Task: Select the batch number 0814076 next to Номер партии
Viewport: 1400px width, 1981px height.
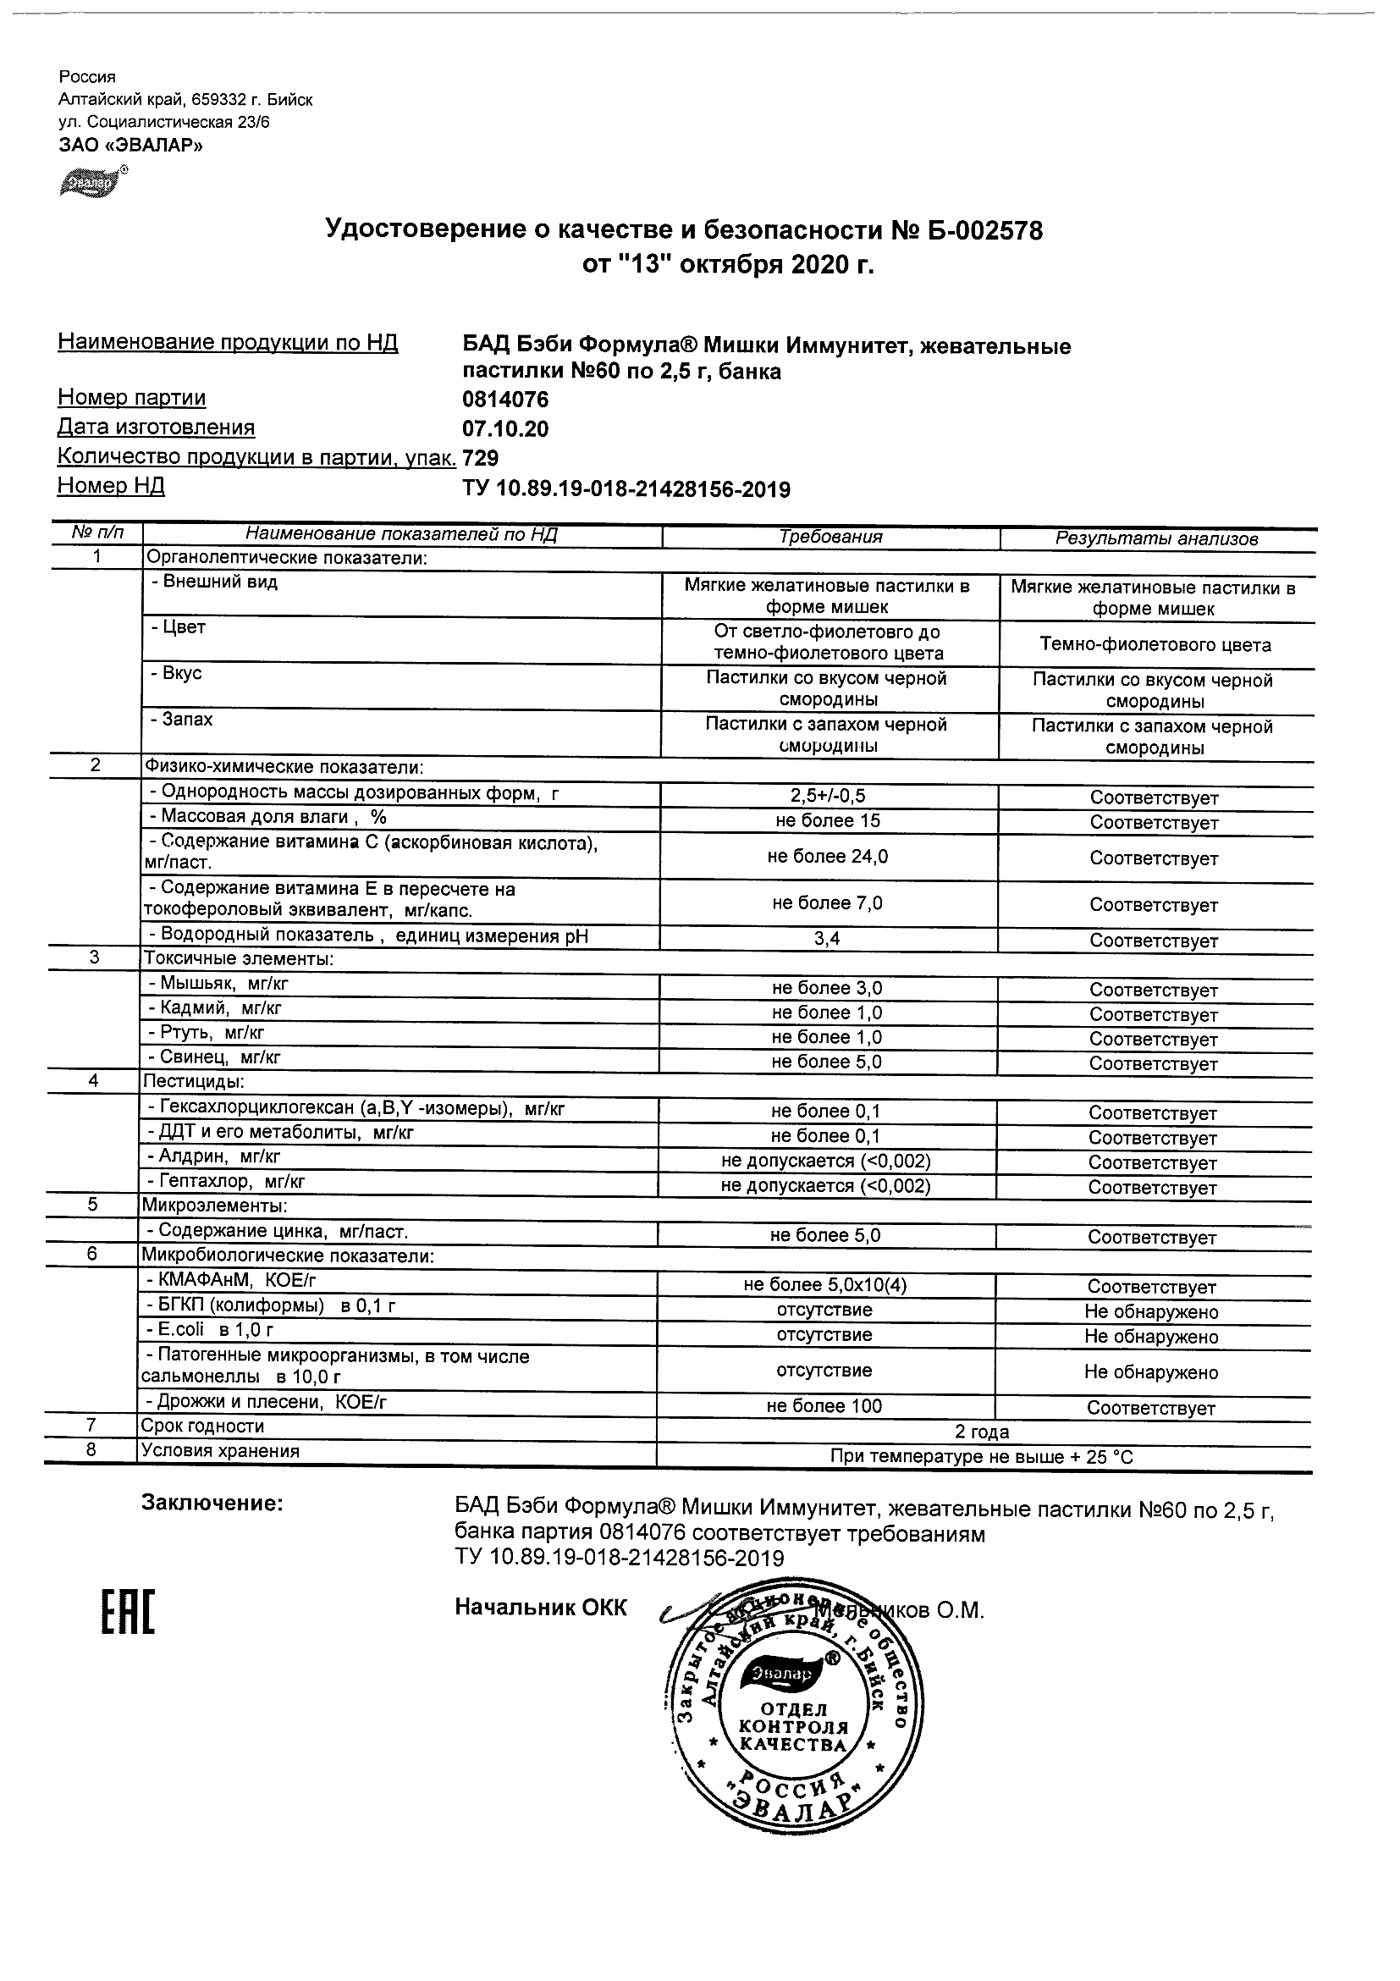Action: (x=505, y=400)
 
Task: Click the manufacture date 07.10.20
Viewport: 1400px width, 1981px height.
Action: (x=505, y=429)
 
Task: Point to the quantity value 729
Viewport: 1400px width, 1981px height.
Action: (x=481, y=457)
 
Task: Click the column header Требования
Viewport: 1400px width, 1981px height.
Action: (x=830, y=537)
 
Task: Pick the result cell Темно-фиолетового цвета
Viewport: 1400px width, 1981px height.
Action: (x=1155, y=644)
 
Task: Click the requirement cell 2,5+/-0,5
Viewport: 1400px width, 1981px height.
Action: (x=827, y=797)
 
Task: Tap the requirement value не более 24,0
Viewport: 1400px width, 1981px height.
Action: (x=827, y=856)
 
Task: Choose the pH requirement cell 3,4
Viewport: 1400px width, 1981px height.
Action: (x=826, y=939)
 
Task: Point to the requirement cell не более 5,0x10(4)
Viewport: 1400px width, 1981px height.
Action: (x=824, y=1285)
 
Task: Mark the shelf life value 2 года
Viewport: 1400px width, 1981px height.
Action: (x=982, y=1432)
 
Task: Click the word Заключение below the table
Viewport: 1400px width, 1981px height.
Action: (x=212, y=1503)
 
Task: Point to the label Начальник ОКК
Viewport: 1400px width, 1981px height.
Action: (x=540, y=1608)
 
